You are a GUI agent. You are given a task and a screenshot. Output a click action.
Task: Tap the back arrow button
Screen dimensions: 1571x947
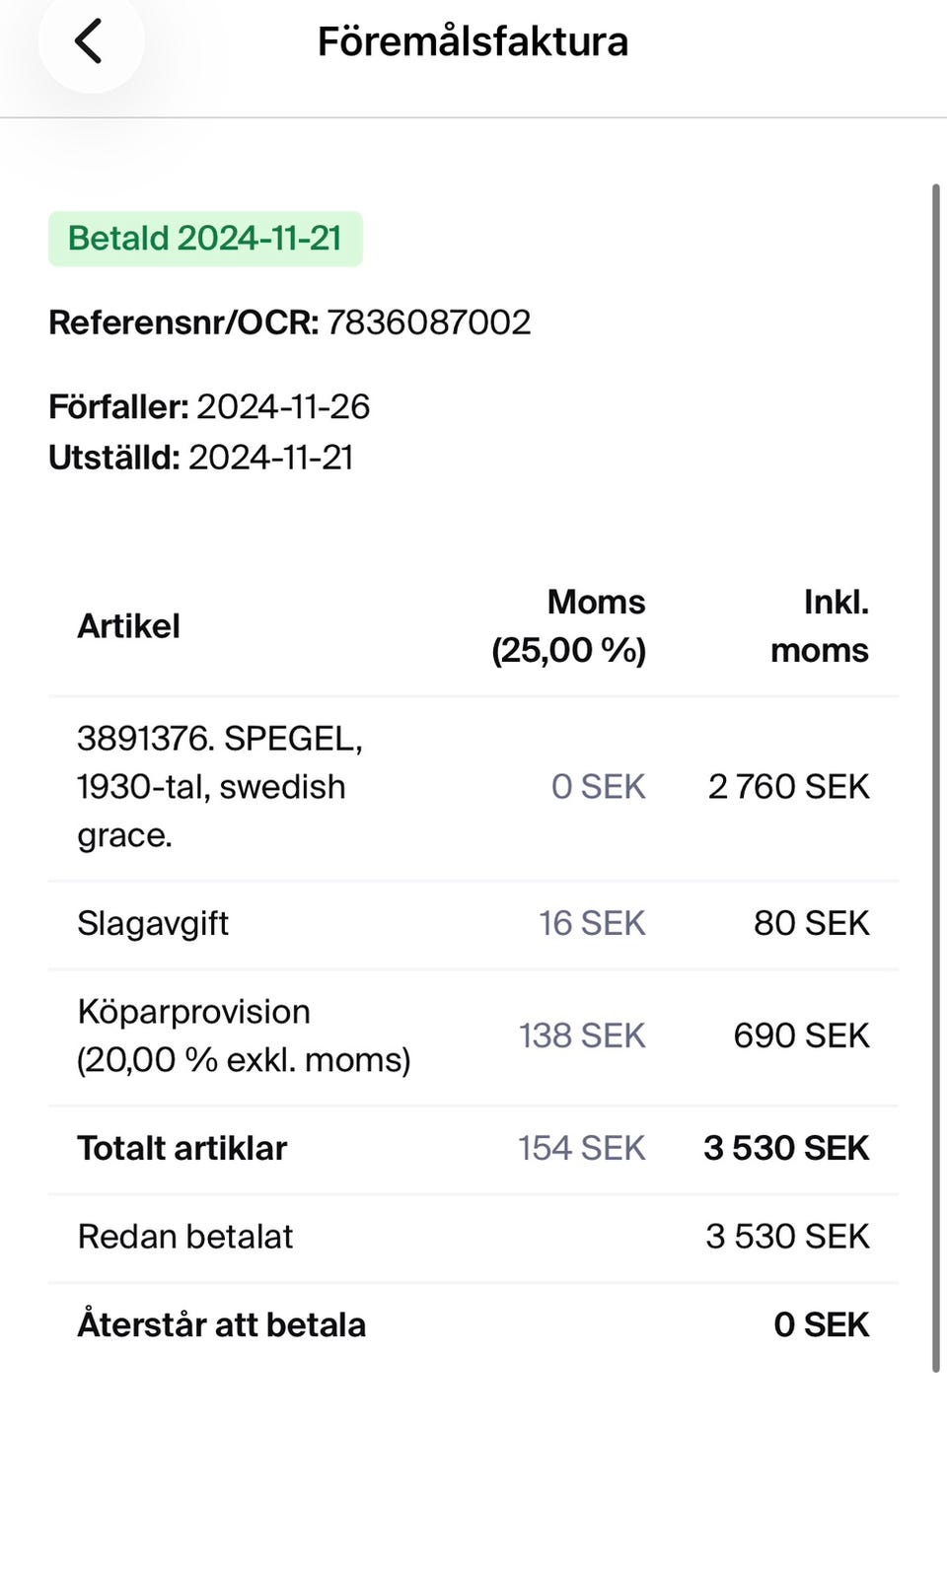[x=89, y=41]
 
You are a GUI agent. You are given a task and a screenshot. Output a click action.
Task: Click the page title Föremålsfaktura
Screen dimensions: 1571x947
[x=473, y=41]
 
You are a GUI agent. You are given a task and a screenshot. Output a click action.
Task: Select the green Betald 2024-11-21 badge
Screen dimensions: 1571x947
[x=205, y=239]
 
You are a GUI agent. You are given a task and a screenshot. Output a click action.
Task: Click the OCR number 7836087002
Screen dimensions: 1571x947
[x=428, y=322]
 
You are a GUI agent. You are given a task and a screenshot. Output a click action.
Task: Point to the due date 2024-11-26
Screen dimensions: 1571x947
[x=283, y=406]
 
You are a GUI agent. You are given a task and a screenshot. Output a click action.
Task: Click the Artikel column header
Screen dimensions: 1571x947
[x=128, y=626]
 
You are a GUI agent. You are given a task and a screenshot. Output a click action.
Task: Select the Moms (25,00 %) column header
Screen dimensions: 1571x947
[x=568, y=626]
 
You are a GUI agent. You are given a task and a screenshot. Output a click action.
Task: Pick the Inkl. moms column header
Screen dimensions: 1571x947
[x=820, y=626]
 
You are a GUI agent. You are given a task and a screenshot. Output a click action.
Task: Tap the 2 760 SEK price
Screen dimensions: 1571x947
[x=788, y=787]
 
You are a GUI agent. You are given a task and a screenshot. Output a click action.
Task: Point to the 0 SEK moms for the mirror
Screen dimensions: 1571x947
[x=598, y=787]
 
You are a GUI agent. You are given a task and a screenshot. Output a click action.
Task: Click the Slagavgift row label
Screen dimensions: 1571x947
[x=153, y=923]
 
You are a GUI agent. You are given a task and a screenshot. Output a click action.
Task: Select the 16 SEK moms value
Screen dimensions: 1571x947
[x=592, y=923]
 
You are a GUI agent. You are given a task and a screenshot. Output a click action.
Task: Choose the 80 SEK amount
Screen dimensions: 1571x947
[x=811, y=923]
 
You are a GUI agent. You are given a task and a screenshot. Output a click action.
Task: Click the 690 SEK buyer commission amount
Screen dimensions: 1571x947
[x=801, y=1035]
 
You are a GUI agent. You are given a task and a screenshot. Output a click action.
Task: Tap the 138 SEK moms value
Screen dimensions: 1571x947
[x=582, y=1035]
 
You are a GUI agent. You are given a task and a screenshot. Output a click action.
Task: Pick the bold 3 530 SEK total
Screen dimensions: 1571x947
[x=786, y=1148]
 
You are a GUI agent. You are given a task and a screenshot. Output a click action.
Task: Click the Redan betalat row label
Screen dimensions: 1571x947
[x=185, y=1237]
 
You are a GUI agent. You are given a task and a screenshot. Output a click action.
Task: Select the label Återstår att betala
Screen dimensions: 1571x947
[x=222, y=1324]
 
